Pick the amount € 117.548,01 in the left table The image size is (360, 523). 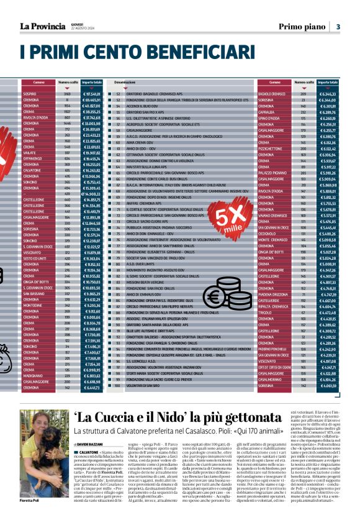click(x=91, y=94)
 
